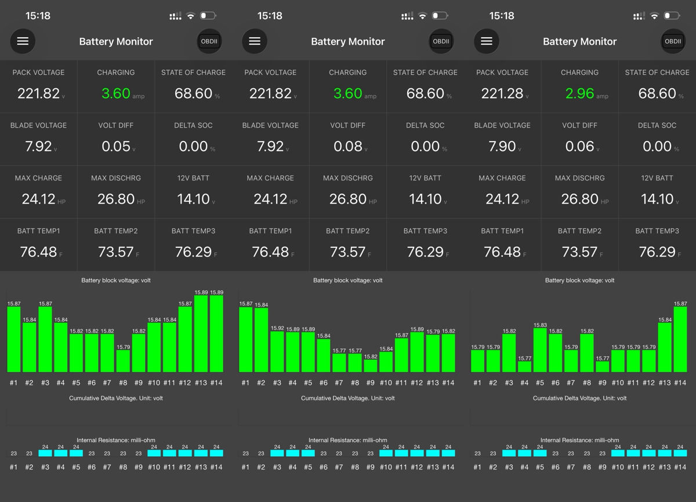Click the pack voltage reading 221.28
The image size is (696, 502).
point(502,93)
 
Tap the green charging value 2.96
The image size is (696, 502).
point(579,93)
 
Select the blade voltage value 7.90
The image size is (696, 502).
point(502,146)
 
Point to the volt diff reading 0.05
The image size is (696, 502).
point(116,146)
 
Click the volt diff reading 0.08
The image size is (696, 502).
point(347,146)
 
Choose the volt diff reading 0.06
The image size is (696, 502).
point(579,146)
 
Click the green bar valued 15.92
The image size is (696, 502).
point(277,352)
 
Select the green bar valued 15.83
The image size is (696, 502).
point(540,350)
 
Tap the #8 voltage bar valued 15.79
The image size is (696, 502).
point(123,361)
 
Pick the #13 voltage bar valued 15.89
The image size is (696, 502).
point(201,334)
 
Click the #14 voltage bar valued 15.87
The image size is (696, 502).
point(680,340)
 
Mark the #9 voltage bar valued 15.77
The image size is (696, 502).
point(603,367)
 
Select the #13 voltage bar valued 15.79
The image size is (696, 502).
point(433,353)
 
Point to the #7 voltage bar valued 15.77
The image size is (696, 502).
point(339,363)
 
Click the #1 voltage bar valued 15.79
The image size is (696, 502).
point(477,361)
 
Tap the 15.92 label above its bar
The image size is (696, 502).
point(277,328)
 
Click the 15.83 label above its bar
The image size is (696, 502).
point(540,325)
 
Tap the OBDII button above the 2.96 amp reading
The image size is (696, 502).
point(673,41)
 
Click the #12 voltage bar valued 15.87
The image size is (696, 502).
point(185,340)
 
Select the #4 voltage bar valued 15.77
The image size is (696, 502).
point(524,367)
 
